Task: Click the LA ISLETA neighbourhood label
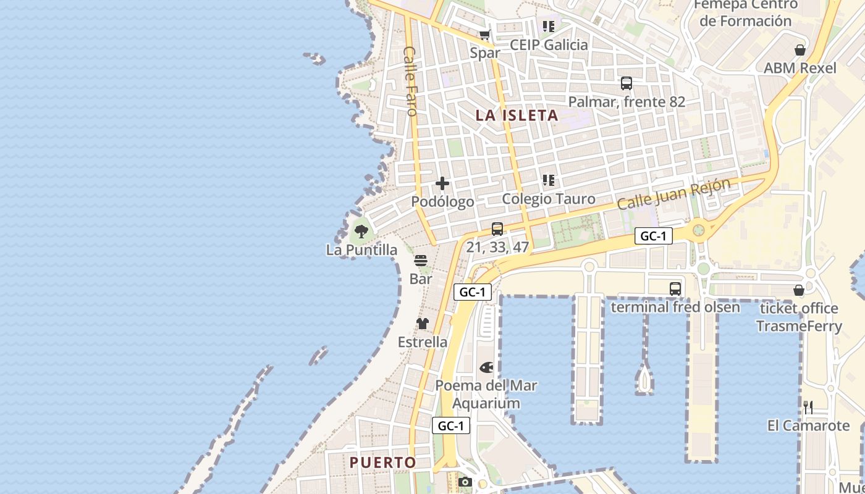pyautogui.click(x=517, y=115)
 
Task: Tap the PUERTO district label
pyautogui.click(x=382, y=462)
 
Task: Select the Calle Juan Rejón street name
pyautogui.click(x=673, y=193)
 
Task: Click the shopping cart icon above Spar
pyautogui.click(x=485, y=35)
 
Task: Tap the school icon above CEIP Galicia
pyautogui.click(x=548, y=27)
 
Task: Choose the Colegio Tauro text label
pyautogui.click(x=549, y=199)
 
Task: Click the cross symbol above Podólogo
pyautogui.click(x=442, y=183)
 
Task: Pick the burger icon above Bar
pyautogui.click(x=421, y=261)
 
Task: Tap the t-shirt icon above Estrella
pyautogui.click(x=422, y=324)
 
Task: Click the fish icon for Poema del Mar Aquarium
pyautogui.click(x=486, y=368)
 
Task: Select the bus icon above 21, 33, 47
pyautogui.click(x=497, y=229)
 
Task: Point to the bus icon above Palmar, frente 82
pyautogui.click(x=627, y=83)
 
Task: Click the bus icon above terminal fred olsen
pyautogui.click(x=675, y=288)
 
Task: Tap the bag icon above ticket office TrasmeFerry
pyautogui.click(x=799, y=290)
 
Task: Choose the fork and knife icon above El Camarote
pyautogui.click(x=808, y=407)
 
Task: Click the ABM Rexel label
pyautogui.click(x=800, y=68)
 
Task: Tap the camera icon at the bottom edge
pyautogui.click(x=466, y=482)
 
